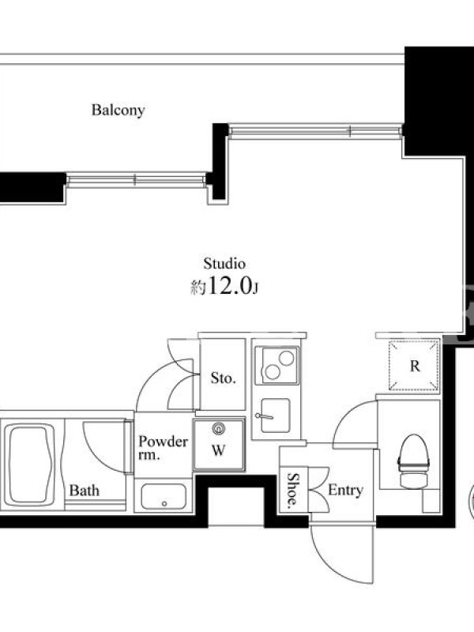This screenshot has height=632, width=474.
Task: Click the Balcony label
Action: [118, 110]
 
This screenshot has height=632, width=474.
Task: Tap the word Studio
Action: [224, 264]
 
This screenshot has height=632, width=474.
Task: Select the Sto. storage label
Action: [224, 378]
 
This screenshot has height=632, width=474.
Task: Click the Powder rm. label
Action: [163, 447]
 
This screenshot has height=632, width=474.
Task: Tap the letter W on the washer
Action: [218, 450]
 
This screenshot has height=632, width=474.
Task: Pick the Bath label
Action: [85, 490]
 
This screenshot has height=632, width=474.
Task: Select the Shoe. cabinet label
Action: [293, 489]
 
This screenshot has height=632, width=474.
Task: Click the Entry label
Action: [345, 490]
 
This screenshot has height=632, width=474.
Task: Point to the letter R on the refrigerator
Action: [415, 366]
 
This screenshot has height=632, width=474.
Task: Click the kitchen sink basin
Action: [275, 416]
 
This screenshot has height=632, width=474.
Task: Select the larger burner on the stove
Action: [287, 358]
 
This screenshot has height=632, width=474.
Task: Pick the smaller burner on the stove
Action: [273, 372]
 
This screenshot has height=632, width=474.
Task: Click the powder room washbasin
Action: [164, 497]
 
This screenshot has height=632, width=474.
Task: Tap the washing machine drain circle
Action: [219, 428]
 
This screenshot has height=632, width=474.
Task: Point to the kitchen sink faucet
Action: [264, 416]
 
